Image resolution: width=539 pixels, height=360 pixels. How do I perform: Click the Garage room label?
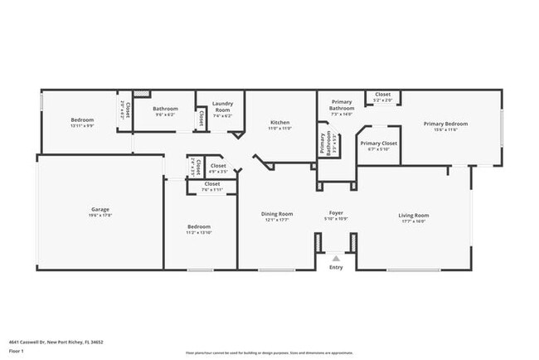click(100, 209)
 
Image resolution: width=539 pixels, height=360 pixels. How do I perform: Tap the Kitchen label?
click(280, 122)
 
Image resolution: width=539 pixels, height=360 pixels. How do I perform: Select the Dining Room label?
click(278, 213)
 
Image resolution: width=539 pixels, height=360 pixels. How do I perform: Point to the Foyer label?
click(335, 213)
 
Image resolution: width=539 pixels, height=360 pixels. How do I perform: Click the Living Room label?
click(414, 215)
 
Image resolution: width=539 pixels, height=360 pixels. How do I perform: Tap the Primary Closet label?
click(378, 143)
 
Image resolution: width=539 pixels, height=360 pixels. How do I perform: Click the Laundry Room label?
click(222, 107)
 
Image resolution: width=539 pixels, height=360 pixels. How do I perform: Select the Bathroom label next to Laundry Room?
click(165, 109)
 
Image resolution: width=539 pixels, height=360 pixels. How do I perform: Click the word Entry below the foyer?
click(336, 267)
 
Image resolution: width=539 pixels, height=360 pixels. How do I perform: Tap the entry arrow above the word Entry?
click(336, 258)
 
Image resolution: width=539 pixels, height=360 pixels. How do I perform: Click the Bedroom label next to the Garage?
click(199, 226)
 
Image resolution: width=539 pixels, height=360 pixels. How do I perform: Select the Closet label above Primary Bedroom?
click(382, 95)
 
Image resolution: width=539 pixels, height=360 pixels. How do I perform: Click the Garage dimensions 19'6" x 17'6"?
click(100, 215)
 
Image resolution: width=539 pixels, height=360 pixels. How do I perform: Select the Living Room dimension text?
click(414, 221)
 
